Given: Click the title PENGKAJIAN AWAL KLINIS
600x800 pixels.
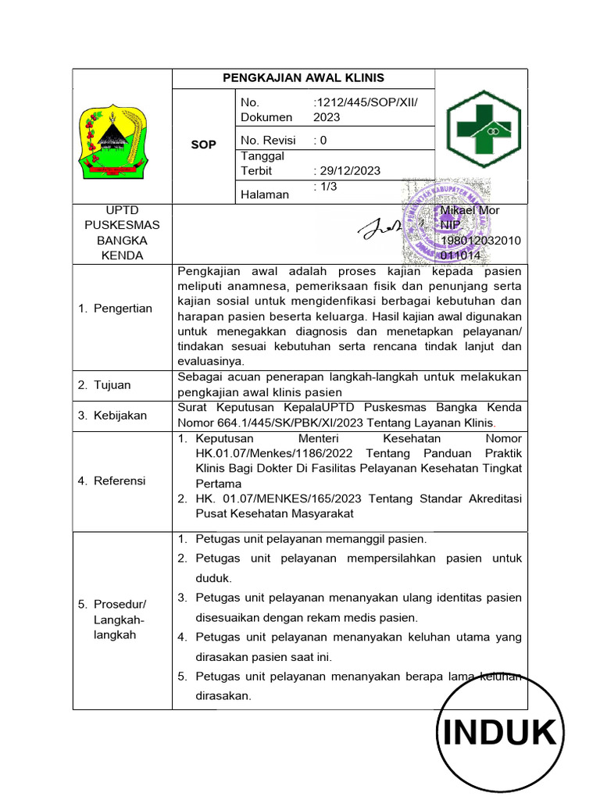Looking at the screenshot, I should (303, 78).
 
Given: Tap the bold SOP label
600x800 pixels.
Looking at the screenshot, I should (203, 145).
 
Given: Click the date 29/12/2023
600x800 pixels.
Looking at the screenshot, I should (347, 171).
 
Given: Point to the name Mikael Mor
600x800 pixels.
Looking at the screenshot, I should (470, 210).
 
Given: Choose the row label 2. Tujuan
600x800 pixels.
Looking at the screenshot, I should (105, 384).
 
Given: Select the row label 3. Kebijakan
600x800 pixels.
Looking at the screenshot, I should (112, 415).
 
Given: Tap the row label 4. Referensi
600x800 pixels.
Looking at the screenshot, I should (112, 480).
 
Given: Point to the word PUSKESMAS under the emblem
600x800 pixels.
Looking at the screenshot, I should (121, 225).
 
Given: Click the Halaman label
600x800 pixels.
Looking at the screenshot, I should (264, 194).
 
